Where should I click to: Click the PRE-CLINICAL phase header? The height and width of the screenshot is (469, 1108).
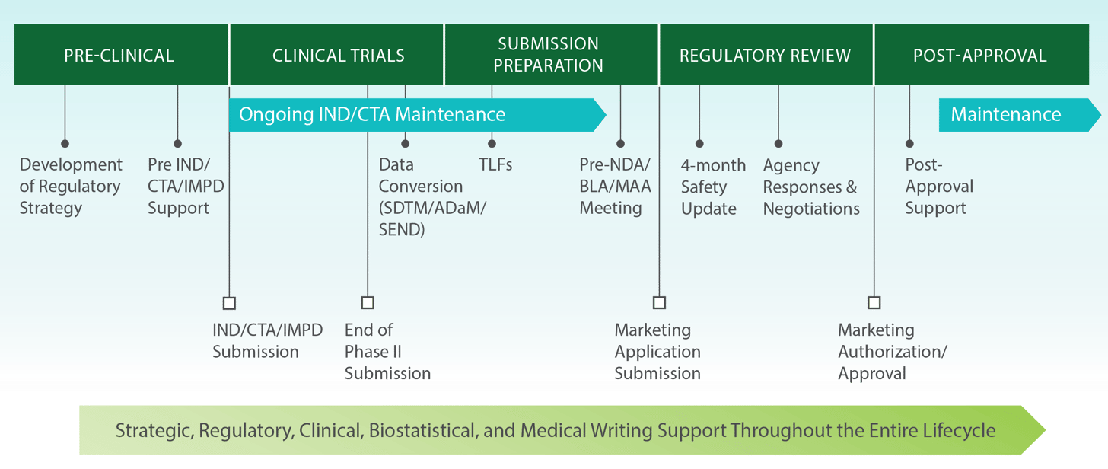point(119,56)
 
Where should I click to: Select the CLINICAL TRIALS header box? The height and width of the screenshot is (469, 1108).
point(338,56)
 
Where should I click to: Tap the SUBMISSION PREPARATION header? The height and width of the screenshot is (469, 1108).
point(548,55)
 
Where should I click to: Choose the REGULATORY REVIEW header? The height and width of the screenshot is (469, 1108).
point(765,56)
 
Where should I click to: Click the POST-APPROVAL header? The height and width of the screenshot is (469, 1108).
point(979,56)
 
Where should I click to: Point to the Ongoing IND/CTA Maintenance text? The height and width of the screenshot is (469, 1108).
point(372,115)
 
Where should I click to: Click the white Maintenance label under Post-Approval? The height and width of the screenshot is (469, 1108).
point(1005,115)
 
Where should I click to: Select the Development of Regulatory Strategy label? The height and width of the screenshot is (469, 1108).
point(70,187)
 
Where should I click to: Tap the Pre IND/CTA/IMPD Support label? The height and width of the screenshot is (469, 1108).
point(185,187)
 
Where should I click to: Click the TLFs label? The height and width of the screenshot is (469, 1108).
point(495,164)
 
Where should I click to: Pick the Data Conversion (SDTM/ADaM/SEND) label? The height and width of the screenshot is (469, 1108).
point(431,197)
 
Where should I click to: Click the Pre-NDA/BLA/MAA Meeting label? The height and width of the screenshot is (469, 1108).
point(615,187)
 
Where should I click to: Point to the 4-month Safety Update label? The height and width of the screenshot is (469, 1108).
point(712,187)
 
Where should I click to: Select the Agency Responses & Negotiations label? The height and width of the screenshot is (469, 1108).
point(810,187)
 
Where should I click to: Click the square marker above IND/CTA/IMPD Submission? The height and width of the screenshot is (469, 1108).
point(229,303)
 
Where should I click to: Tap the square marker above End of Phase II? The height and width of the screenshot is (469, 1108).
point(368,303)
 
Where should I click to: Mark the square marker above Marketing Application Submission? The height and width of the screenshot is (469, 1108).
point(659,303)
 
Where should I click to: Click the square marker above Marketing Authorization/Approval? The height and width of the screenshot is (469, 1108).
point(874,303)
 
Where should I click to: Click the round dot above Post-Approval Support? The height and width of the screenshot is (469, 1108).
point(909,143)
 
